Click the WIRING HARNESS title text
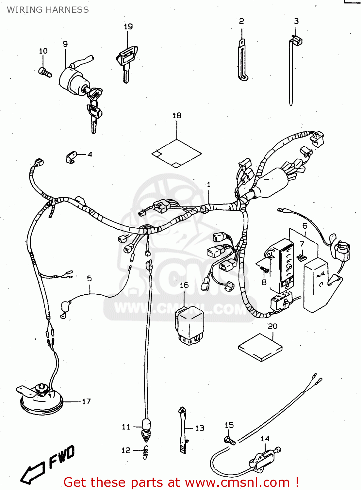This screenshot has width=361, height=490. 48,10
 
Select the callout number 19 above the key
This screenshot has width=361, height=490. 128,26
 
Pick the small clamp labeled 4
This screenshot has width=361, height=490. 71,157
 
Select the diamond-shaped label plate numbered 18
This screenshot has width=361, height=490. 176,153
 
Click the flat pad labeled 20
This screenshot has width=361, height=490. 260,348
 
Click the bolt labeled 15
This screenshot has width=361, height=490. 230,440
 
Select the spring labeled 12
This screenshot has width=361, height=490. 145,452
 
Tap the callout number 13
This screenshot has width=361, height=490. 200,428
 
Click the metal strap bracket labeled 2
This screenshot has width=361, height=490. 242,60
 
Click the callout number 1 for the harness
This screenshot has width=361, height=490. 209,185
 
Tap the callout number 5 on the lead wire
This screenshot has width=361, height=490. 89,279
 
